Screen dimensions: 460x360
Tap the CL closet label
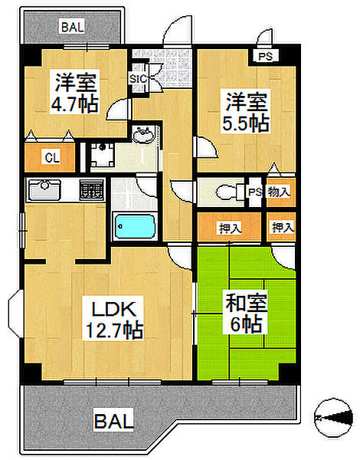tap(52, 159)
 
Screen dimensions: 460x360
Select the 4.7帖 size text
tap(74, 103)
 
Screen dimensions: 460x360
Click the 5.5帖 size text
tap(245, 123)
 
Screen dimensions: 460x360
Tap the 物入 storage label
tap(279, 191)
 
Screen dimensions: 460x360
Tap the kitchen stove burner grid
tap(90, 189)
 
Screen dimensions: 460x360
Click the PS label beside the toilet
tap(255, 192)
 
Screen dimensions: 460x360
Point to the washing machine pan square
tap(103, 154)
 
